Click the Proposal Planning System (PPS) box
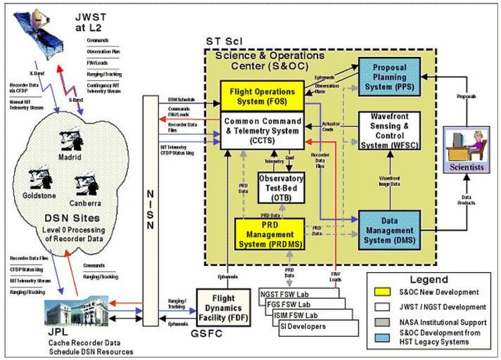click(389, 75)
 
